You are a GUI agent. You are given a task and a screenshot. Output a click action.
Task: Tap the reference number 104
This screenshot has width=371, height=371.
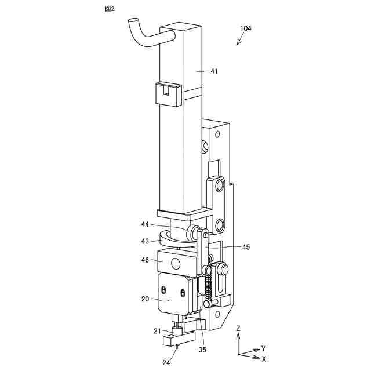click(x=245, y=28)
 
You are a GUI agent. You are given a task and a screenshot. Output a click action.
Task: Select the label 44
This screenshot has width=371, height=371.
click(x=145, y=224)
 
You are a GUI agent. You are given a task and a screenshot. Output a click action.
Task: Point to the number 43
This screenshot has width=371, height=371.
click(x=145, y=240)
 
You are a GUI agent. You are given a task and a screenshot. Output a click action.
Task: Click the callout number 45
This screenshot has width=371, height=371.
click(x=246, y=247)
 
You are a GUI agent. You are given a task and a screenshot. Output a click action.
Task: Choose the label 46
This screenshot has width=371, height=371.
click(x=145, y=261)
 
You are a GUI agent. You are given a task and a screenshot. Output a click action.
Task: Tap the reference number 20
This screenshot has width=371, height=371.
click(x=145, y=299)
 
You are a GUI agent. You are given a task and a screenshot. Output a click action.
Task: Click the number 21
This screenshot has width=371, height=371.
click(x=157, y=331)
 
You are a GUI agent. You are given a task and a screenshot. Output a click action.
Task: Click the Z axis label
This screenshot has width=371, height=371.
click(x=238, y=329)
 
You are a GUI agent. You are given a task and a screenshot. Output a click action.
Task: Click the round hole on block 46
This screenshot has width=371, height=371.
click(x=174, y=264)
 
